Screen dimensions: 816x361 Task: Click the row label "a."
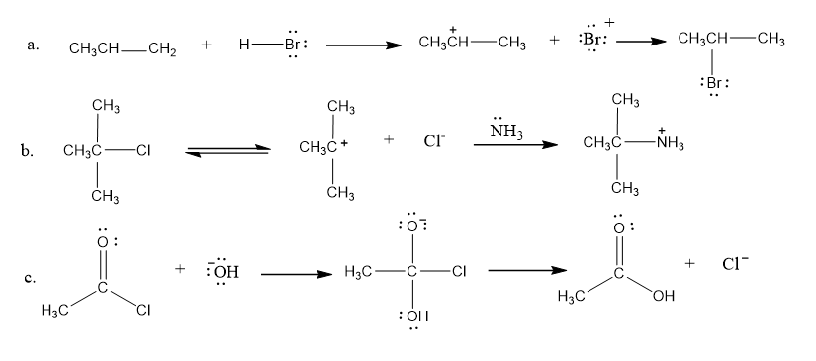(33, 45)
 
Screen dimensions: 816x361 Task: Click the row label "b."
(28, 152)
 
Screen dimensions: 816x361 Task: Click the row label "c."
(30, 278)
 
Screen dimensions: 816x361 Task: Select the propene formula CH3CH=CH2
(123, 48)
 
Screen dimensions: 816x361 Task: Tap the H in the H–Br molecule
(244, 45)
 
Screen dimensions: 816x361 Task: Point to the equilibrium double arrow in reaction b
(228, 151)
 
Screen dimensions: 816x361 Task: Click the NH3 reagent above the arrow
(505, 133)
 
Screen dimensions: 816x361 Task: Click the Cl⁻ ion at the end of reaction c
(735, 264)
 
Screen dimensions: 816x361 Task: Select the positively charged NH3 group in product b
(671, 142)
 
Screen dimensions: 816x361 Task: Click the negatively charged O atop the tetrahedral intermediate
(412, 226)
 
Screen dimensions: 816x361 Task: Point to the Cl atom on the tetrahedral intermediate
(459, 271)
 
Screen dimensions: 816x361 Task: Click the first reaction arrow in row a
(364, 45)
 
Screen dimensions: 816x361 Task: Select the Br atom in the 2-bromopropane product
(713, 83)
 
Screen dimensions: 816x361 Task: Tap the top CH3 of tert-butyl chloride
(106, 106)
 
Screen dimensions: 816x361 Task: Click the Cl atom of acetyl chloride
(143, 310)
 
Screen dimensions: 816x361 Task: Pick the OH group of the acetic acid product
(663, 296)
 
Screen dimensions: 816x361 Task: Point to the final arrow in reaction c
(527, 270)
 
